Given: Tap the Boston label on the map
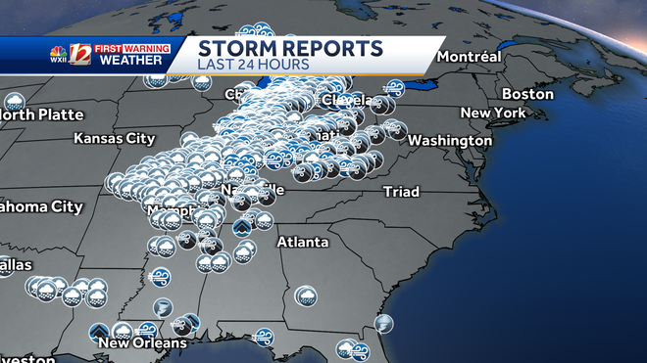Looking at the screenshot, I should [527, 94].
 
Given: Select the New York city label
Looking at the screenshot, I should [493, 113].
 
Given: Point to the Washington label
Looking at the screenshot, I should [450, 140].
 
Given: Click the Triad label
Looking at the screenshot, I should [402, 190].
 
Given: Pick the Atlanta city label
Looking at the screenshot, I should [302, 242].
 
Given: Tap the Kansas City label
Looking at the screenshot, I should [114, 138].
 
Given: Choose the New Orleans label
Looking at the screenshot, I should [142, 342].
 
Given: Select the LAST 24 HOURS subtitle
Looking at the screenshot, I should [253, 65].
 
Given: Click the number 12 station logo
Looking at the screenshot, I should [80, 55].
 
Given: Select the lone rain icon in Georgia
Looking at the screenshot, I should [305, 295].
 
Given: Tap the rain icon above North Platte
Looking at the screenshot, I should [15, 101].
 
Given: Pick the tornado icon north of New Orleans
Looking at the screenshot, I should [163, 307].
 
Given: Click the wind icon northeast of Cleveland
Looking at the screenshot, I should [394, 88].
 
